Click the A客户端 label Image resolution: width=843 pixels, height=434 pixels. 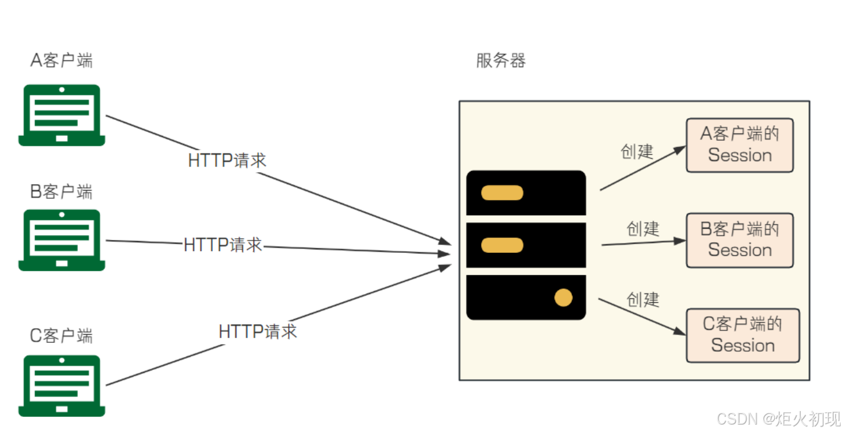click(62, 60)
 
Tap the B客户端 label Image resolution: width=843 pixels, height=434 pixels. click(62, 192)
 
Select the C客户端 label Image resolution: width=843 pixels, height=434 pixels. click(62, 336)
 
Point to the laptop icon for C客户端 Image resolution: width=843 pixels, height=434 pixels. click(62, 386)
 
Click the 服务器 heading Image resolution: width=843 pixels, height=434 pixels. click(501, 61)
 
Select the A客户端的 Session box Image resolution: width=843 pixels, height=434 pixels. click(740, 145)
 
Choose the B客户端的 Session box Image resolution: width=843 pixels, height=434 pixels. click(740, 240)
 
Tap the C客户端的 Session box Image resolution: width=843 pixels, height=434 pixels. click(742, 335)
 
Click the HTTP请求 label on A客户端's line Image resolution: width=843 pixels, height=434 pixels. click(227, 161)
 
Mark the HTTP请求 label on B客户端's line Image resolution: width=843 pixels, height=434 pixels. click(223, 245)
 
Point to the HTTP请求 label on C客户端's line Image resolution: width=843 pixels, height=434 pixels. click(257, 331)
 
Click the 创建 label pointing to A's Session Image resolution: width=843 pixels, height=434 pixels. click(637, 152)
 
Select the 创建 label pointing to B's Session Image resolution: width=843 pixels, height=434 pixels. click(643, 228)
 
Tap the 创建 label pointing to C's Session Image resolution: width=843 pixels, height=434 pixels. click(643, 299)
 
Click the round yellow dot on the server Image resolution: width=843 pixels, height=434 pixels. click(563, 298)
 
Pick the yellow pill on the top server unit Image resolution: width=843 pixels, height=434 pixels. click(502, 193)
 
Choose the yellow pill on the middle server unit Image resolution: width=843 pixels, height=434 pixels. click(502, 245)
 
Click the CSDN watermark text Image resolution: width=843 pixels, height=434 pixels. click(779, 419)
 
